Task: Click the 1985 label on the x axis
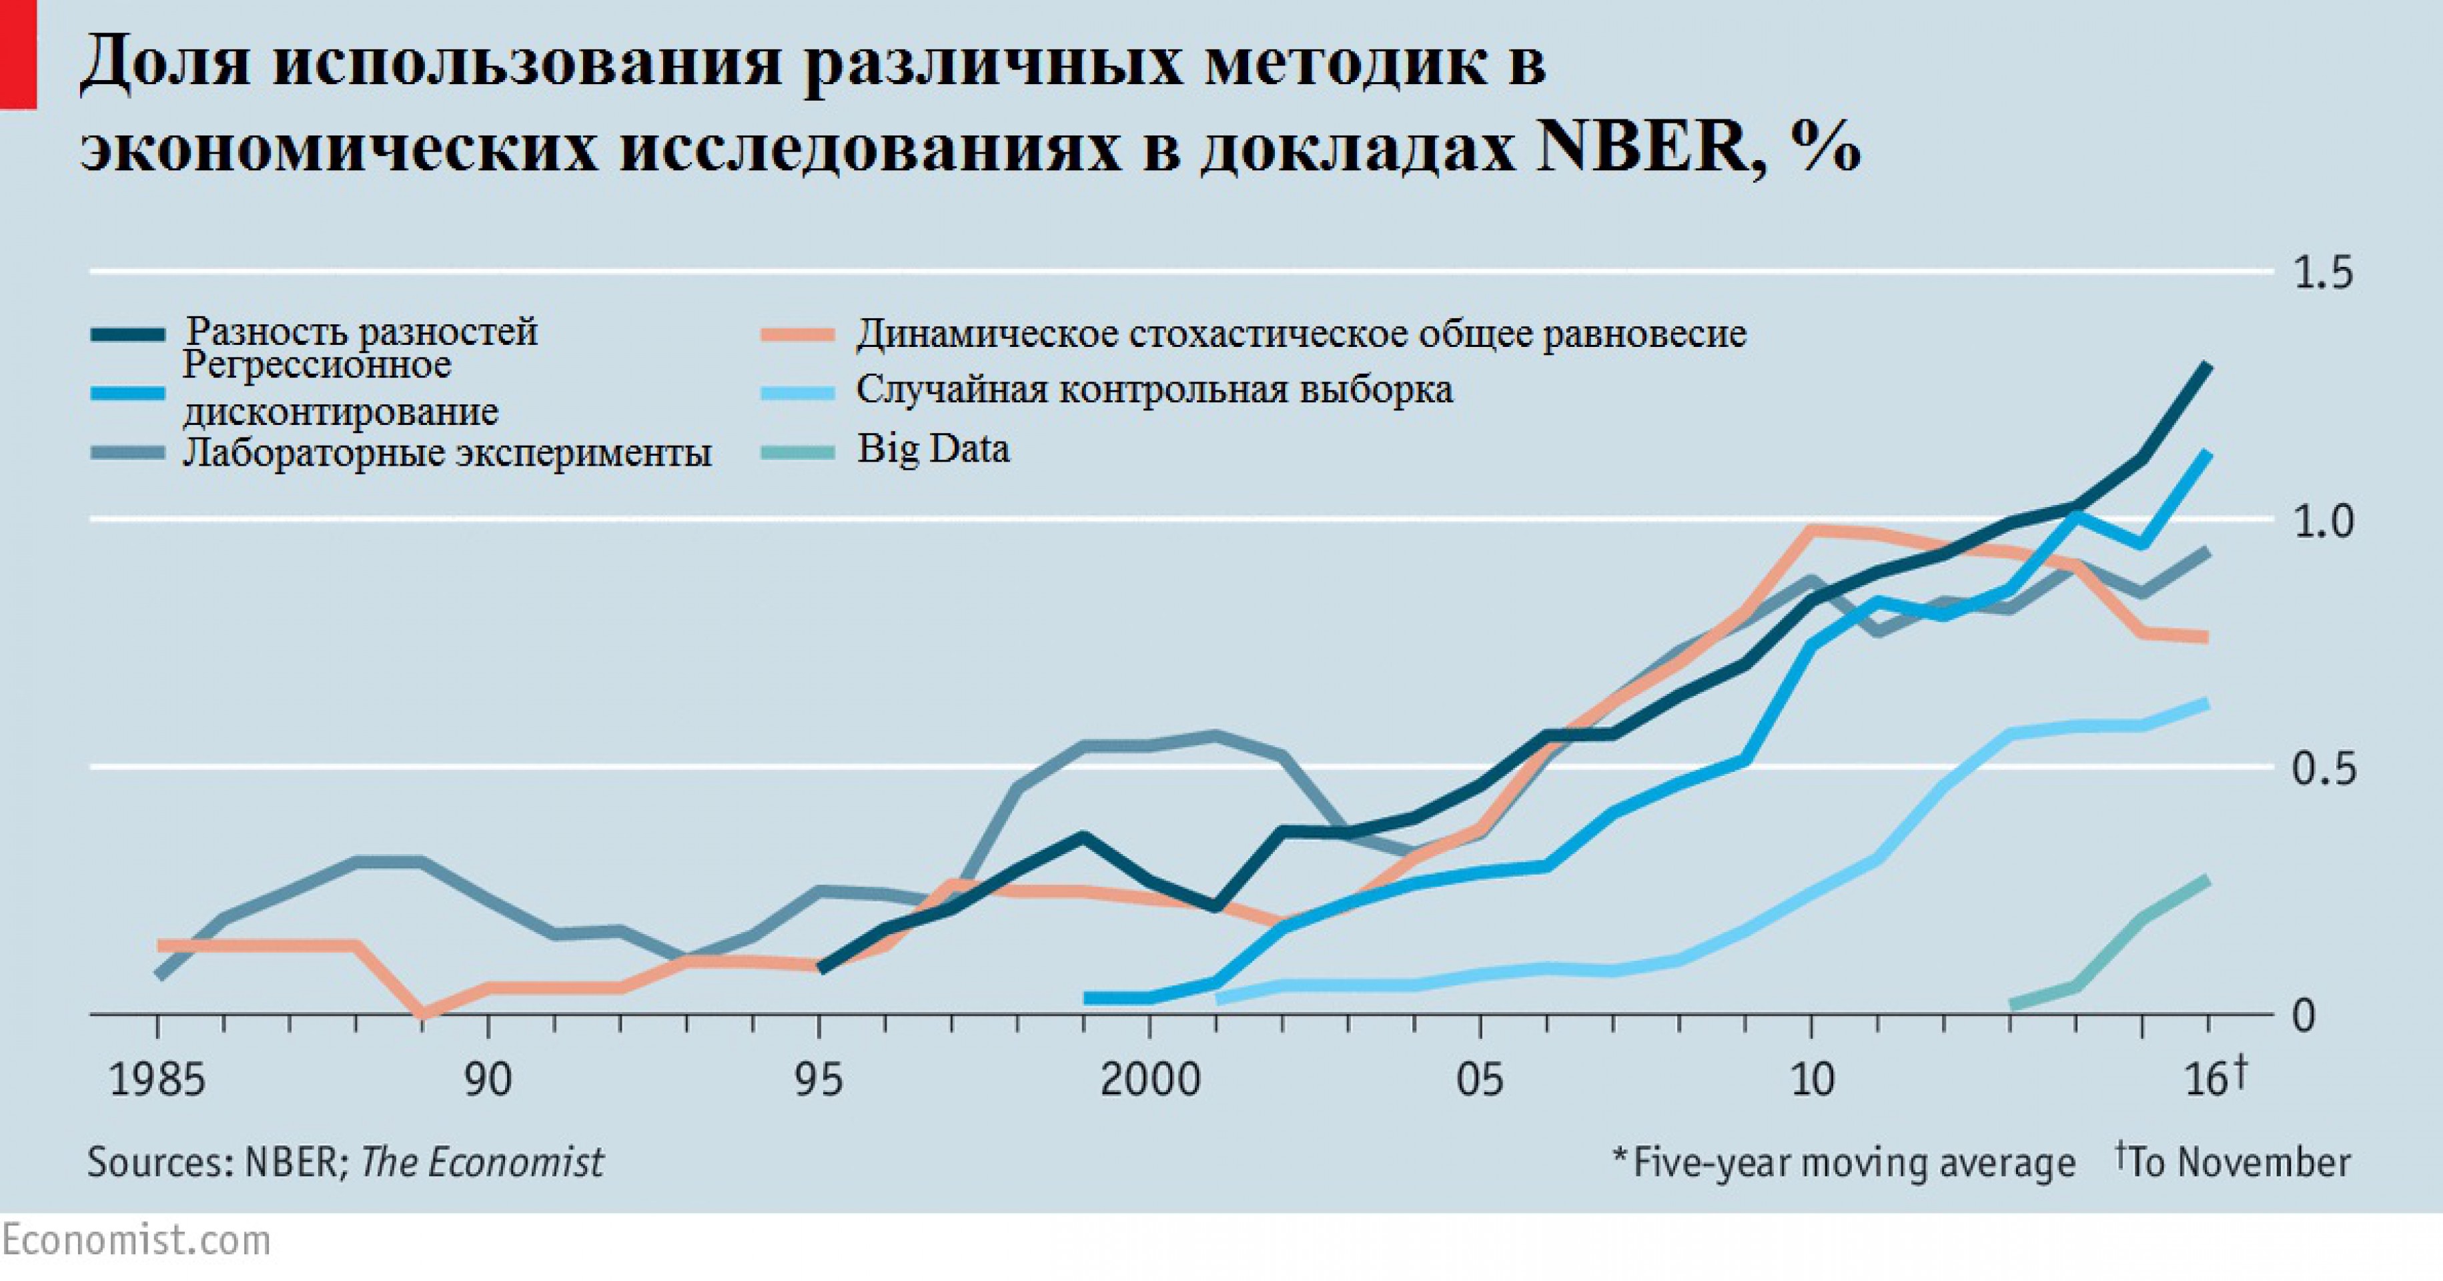click(x=157, y=1080)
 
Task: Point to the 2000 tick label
click(x=1149, y=1080)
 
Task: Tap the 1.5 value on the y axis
click(x=2322, y=273)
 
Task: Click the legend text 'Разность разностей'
click(x=362, y=332)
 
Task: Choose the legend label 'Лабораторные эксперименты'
click(x=447, y=452)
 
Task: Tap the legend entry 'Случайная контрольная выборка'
click(x=1154, y=390)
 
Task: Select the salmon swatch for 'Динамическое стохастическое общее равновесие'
click(x=798, y=335)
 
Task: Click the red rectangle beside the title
click(x=17, y=54)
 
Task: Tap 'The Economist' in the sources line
click(x=482, y=1162)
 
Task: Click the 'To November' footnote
click(x=2234, y=1162)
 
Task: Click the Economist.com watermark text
click(x=135, y=1240)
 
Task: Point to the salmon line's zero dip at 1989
click(x=422, y=1013)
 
